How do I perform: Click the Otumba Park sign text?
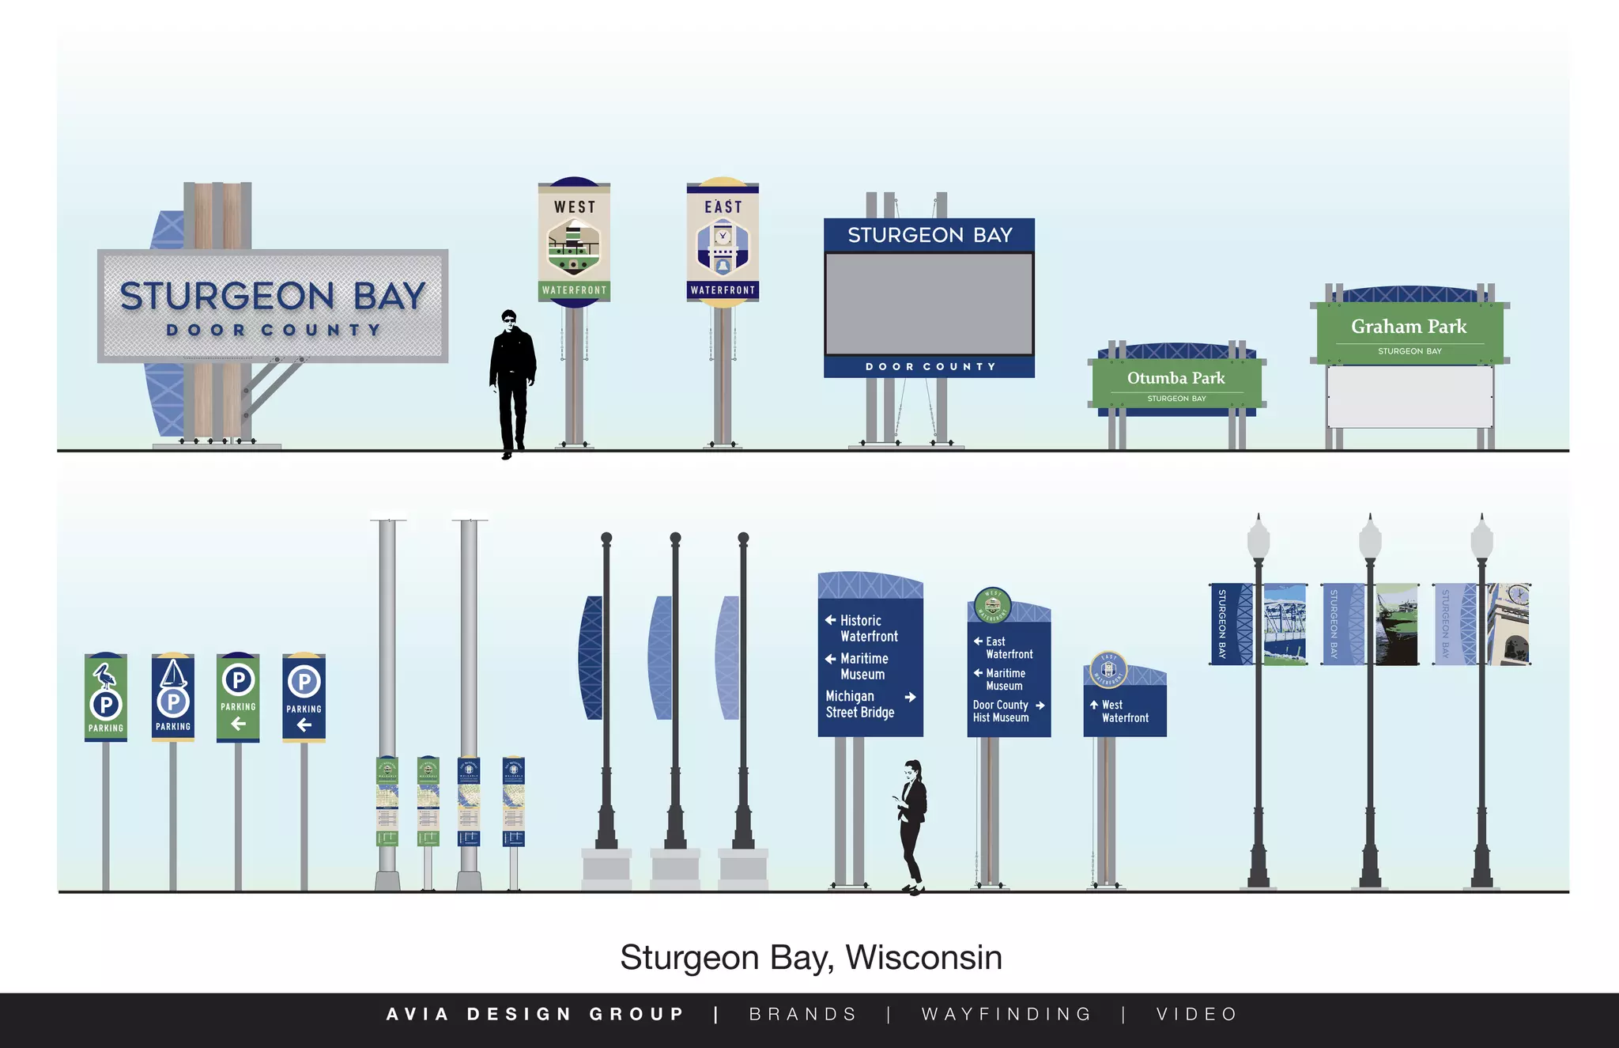1176,378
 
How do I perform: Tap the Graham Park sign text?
1408,327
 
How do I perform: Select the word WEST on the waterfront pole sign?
575,207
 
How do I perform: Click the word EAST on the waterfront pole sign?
723,207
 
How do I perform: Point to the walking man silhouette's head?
509,318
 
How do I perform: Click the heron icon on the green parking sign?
104,675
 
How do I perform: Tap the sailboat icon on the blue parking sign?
173,674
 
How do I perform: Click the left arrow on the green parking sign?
238,724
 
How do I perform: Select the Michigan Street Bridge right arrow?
910,698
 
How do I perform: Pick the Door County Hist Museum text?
1001,711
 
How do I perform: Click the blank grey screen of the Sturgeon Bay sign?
929,304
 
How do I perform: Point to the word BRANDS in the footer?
803,1014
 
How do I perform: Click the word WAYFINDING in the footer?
1006,1014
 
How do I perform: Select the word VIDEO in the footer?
1197,1014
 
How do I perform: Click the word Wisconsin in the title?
923,958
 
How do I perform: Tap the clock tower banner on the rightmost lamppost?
1509,624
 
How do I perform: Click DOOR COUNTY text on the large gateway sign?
274,330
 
